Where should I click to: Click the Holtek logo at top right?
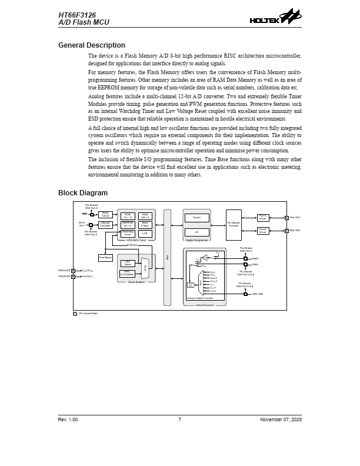[275, 17]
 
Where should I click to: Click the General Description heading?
[92, 45]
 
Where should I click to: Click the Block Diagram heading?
[83, 193]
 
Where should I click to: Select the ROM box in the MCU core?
[128, 216]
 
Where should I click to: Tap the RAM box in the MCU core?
[145, 216]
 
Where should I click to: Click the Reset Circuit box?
[105, 215]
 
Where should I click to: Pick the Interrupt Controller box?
[105, 225]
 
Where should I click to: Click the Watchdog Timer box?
[128, 234]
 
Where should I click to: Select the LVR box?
[145, 234]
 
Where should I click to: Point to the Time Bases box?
[105, 258]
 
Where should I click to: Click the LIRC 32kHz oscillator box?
[128, 263]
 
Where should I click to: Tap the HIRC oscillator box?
[128, 273]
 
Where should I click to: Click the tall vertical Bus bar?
[168, 257]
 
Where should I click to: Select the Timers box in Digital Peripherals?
[196, 218]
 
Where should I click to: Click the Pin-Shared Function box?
[234, 225]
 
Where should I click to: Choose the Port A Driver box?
[263, 218]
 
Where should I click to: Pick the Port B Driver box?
[263, 231]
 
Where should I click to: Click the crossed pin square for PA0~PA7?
[286, 218]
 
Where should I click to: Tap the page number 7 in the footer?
[179, 420]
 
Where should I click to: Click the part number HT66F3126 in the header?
[76, 15]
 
